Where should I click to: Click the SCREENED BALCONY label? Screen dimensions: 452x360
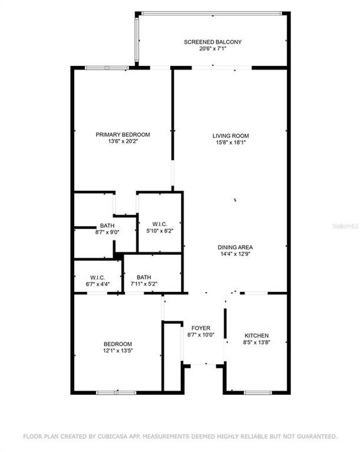(x=212, y=42)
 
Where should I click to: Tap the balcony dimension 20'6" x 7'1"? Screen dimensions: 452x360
(x=212, y=49)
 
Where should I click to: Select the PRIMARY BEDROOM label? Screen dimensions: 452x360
(x=123, y=134)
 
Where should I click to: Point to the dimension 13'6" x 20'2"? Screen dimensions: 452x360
(x=123, y=142)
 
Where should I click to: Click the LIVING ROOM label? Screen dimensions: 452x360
(x=231, y=136)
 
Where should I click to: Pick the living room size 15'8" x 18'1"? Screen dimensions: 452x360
(x=231, y=143)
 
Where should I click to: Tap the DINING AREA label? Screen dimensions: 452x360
(x=235, y=247)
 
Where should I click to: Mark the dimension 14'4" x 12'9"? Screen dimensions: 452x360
(x=235, y=255)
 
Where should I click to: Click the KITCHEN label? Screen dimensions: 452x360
(x=256, y=336)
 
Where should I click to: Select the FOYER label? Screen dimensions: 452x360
(x=201, y=328)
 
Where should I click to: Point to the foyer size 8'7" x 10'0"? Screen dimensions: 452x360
(x=201, y=335)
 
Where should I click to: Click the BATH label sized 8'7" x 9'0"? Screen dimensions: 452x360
(x=107, y=226)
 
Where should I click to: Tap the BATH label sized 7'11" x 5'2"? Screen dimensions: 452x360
(x=144, y=277)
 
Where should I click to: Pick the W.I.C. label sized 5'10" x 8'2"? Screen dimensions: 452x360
(x=159, y=224)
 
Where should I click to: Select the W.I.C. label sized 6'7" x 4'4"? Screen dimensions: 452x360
(x=97, y=277)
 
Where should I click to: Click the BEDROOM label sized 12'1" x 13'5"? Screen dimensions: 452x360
(x=117, y=343)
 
